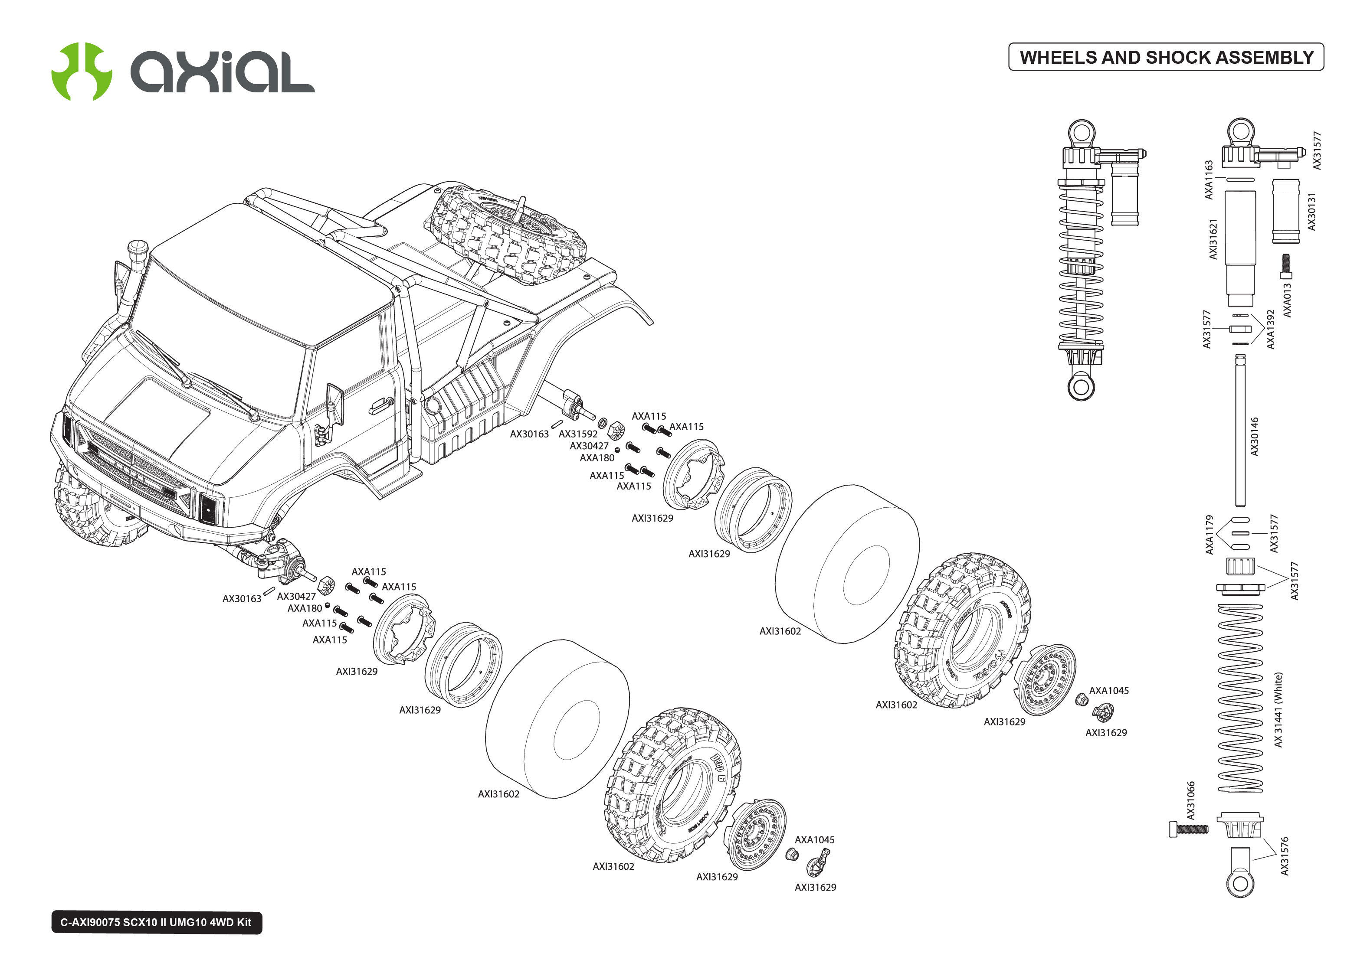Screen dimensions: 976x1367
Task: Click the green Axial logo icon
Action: coord(81,71)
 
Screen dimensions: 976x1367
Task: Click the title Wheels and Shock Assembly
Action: coord(1166,57)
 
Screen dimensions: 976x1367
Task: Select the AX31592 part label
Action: coord(578,434)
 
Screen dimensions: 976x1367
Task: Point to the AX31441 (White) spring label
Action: coord(1278,710)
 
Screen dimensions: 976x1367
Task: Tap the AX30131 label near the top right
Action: coord(1312,212)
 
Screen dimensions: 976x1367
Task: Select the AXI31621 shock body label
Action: coord(1213,239)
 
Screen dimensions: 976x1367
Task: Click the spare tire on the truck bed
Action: coord(508,235)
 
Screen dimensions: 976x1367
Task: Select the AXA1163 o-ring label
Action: coord(1209,180)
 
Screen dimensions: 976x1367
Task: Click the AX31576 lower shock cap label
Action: coord(1285,856)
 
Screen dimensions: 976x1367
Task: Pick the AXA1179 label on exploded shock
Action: coord(1210,534)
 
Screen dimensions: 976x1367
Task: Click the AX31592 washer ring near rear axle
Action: coord(602,424)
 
